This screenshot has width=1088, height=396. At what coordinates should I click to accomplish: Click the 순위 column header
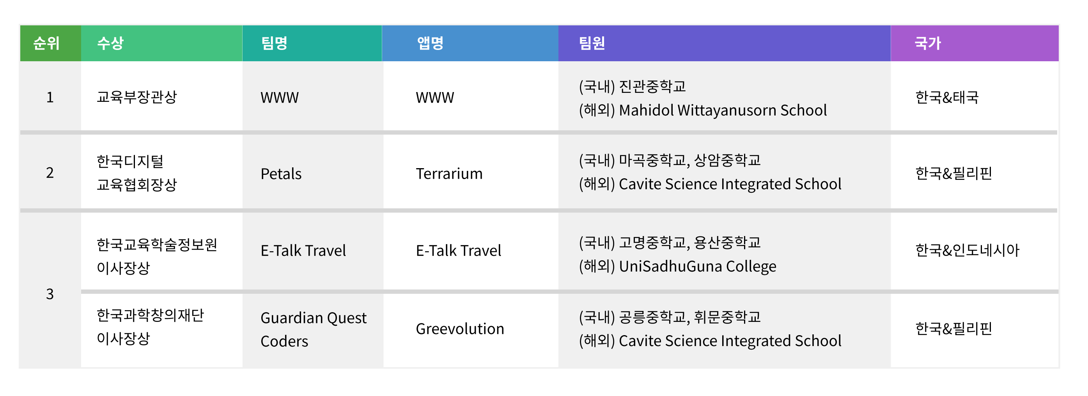point(46,43)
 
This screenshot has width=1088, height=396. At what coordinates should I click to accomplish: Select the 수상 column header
point(110,43)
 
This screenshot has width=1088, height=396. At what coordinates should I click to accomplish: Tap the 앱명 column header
point(431,43)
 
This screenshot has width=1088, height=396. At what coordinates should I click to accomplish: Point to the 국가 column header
point(928,43)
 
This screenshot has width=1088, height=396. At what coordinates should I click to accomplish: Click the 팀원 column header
point(592,43)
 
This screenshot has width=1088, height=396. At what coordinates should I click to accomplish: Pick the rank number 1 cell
point(50,97)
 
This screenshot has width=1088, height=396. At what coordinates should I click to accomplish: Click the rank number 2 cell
point(50,172)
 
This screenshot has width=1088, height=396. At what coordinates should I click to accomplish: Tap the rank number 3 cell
point(50,294)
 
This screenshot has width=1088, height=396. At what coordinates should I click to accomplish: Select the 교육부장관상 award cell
point(137,97)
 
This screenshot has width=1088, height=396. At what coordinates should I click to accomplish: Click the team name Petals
point(281,174)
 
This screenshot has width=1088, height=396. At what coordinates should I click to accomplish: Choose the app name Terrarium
point(449,174)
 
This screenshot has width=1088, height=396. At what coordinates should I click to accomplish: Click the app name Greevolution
point(460,329)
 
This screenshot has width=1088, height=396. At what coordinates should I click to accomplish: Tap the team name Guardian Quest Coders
point(314,329)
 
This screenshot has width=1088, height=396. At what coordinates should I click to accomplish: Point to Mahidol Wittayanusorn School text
point(723,110)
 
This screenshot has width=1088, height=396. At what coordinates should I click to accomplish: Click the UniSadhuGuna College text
point(697,266)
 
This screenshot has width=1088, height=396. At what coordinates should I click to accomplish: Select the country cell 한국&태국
point(946,97)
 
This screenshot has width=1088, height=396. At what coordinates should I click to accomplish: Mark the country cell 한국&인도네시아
point(967,250)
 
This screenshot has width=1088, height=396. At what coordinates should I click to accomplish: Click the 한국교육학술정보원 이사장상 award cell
point(157,256)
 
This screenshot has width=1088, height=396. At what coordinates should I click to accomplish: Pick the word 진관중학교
point(652,87)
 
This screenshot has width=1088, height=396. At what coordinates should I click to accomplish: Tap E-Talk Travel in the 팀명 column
point(303,250)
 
